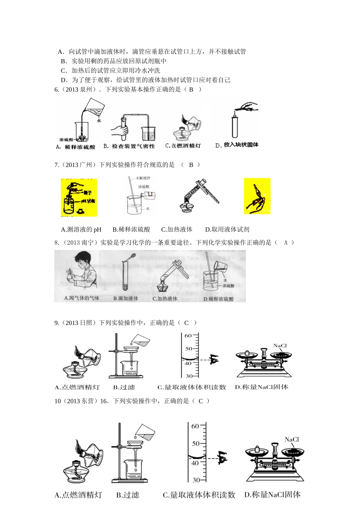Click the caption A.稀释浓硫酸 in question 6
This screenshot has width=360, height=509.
click(75, 147)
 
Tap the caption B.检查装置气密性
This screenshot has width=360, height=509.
click(129, 146)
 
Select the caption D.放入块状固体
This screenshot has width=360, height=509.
click(237, 145)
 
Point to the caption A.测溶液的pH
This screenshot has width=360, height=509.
click(81, 230)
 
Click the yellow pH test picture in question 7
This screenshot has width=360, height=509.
click(79, 197)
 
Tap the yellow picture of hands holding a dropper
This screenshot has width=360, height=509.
click(257, 196)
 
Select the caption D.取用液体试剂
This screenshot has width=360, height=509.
click(227, 230)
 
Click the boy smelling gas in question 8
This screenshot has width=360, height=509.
click(81, 272)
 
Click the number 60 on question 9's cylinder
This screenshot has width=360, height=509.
click(188, 336)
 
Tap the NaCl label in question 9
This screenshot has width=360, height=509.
click(280, 346)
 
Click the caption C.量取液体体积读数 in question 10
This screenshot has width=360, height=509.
click(199, 495)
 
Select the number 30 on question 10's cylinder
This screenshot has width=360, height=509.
click(196, 480)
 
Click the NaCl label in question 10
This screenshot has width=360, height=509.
click(292, 439)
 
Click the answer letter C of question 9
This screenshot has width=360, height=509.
click(186, 323)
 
